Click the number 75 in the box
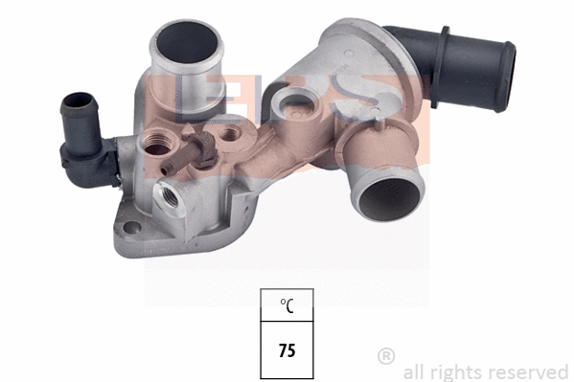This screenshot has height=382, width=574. coord(287,350)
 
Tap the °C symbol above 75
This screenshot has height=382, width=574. coord(287,306)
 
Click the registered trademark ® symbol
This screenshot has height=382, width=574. coord(386,357)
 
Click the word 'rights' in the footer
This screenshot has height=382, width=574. coord(452,371)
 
